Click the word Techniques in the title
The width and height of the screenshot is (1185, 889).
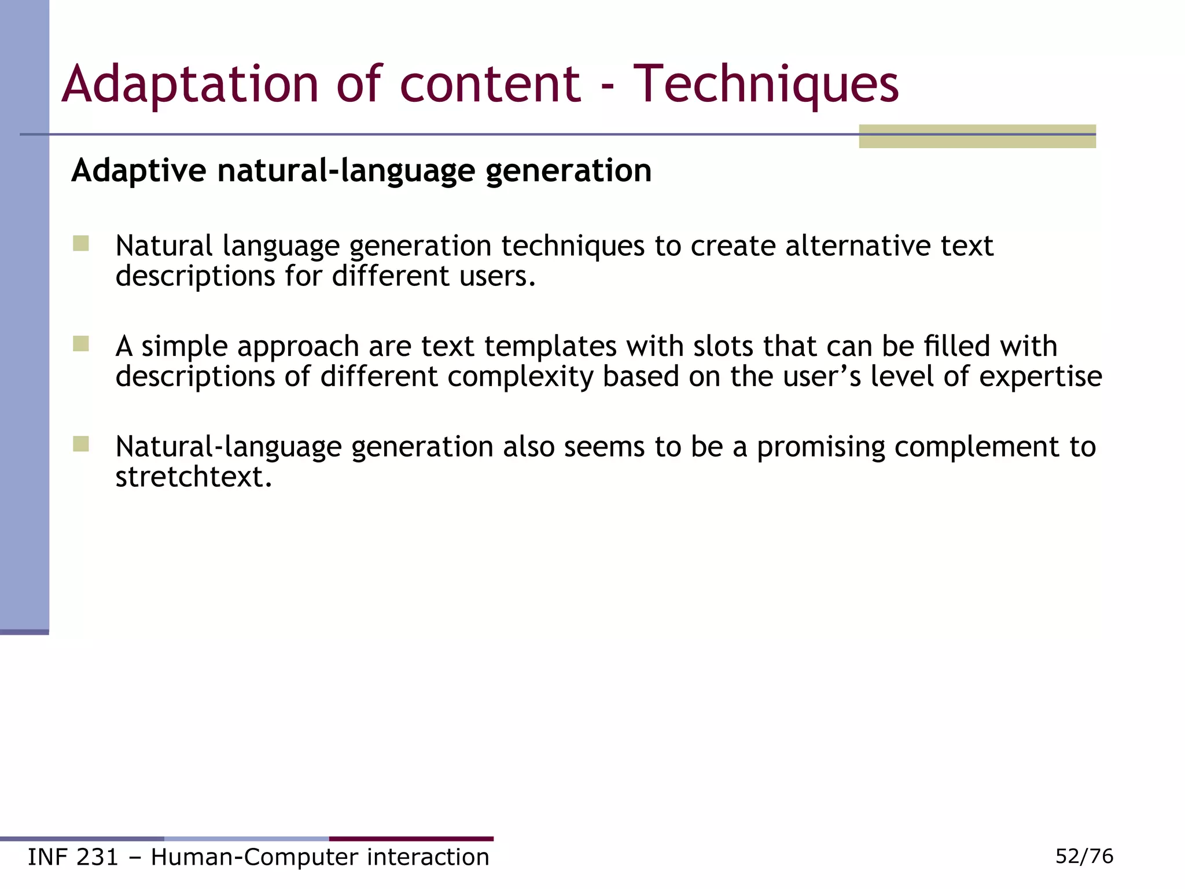766,85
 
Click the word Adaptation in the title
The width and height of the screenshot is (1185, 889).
190,85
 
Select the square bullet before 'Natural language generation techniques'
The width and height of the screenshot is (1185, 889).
81,243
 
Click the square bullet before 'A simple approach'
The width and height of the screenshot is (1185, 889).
81,344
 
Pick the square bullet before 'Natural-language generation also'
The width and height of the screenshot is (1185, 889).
81,444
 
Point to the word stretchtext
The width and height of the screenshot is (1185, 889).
193,477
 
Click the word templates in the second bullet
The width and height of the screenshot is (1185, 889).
551,346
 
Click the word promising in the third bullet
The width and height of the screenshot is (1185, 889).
821,447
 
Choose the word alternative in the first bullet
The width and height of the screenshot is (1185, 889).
858,245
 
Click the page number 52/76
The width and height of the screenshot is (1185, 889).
1084,856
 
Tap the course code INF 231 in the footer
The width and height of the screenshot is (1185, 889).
73,857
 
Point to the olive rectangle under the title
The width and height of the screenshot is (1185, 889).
977,137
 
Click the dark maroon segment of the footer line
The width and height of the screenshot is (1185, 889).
411,839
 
